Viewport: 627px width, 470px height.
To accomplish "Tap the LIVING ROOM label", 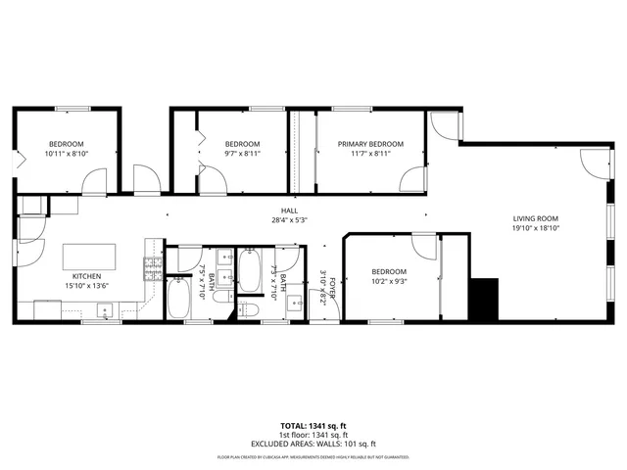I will (535, 218).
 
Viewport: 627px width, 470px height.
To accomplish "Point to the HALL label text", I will (289, 211).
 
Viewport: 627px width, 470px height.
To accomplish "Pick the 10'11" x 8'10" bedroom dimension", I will (68, 154).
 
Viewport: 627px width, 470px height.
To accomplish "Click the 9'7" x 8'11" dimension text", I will (241, 154).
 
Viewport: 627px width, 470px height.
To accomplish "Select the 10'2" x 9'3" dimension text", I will (389, 281).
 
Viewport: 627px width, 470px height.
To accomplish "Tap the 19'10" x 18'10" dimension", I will (535, 228).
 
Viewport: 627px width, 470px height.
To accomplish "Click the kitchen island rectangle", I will (95, 257).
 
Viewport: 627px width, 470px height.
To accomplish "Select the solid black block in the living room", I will (483, 299).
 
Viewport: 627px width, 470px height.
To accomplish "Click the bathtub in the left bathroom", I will (178, 299).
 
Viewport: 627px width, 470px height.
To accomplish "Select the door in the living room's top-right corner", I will (593, 162).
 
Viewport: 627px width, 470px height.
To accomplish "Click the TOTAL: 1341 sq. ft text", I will (313, 426).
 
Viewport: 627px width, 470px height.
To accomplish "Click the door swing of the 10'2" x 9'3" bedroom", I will (424, 246).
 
